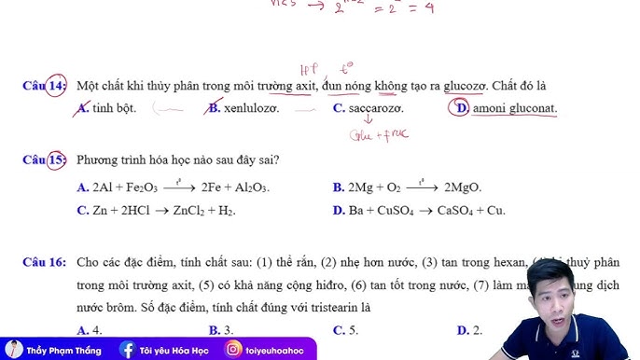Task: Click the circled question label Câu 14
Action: (45, 86)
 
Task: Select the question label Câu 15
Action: (45, 159)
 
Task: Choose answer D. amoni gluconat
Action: (505, 108)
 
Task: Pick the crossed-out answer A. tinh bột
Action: (108, 108)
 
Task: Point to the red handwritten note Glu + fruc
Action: (378, 134)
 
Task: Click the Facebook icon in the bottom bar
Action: (128, 350)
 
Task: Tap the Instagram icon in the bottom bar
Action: (232, 350)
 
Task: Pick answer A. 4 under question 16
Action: (90, 330)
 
